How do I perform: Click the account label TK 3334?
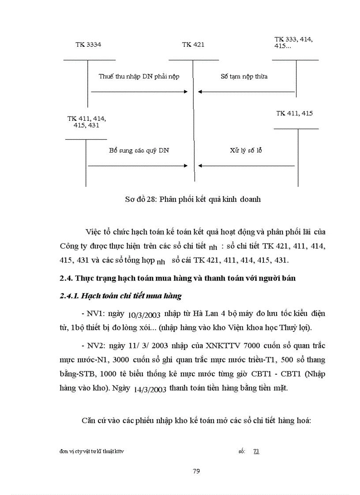[x=88, y=45]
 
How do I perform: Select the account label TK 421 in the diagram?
[x=193, y=45]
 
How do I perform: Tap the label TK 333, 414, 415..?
[x=293, y=43]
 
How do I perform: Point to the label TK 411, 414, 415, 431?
[x=86, y=122]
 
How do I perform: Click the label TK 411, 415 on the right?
[x=294, y=113]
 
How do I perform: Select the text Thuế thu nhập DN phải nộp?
[x=139, y=76]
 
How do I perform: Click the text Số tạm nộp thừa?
[x=244, y=76]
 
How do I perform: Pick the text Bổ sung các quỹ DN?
[x=139, y=150]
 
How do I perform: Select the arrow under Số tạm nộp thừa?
[x=246, y=92]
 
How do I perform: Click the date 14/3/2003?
[x=149, y=390]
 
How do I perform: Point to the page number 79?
[x=197, y=471]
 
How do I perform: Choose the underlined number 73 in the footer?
[x=256, y=451]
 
